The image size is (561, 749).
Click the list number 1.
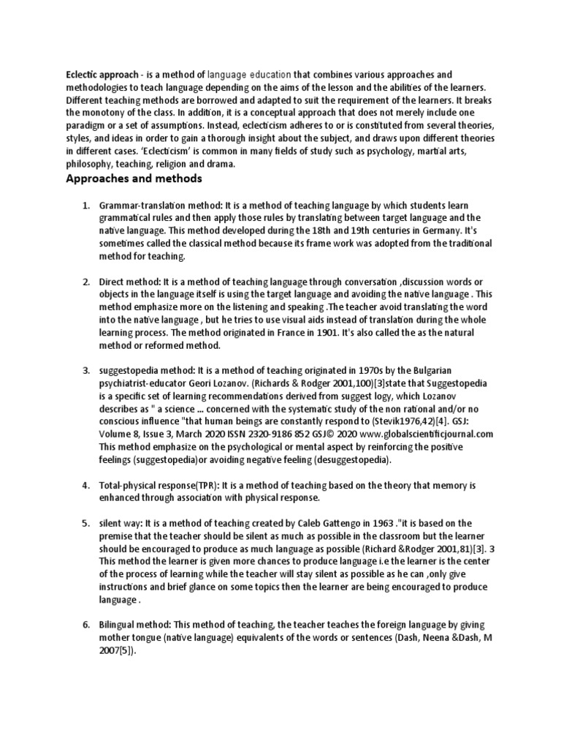pyautogui.click(x=85, y=206)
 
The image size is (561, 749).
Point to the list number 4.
pyautogui.click(x=85, y=485)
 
